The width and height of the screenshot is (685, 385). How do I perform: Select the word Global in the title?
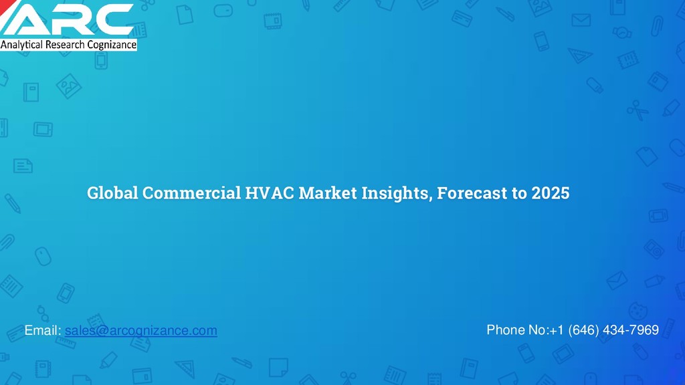point(112,194)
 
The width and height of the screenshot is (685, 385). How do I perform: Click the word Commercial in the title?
point(191,194)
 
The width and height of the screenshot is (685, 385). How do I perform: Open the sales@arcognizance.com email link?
point(141,330)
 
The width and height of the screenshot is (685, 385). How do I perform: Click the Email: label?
point(43,330)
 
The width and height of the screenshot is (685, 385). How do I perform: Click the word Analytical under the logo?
point(22,45)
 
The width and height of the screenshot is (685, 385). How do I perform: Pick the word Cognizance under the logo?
point(112,45)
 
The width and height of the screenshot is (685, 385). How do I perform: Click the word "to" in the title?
point(520,194)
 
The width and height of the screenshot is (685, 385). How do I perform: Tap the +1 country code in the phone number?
point(557,330)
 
